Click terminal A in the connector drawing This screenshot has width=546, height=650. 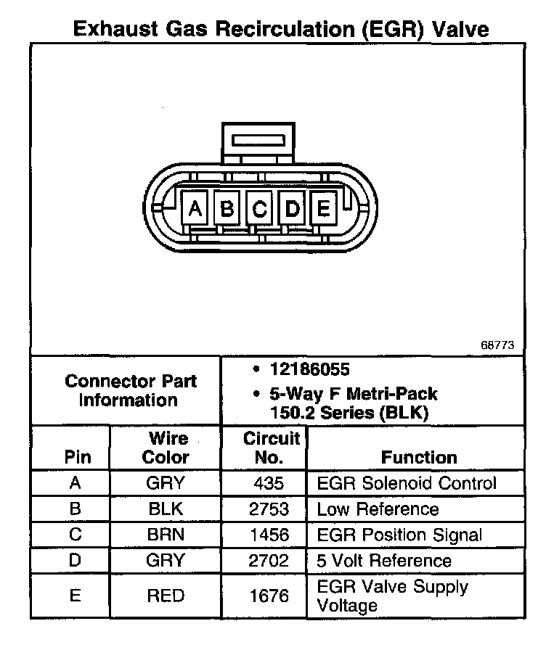(194, 209)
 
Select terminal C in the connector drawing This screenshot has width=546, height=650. (259, 209)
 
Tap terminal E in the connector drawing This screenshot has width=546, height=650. (322, 209)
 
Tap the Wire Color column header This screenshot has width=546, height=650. (166, 448)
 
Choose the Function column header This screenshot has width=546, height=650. (419, 457)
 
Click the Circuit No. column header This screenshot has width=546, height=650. (270, 448)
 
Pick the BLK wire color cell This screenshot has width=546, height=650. (166, 509)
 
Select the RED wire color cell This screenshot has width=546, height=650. (166, 596)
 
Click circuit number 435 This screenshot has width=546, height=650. (270, 483)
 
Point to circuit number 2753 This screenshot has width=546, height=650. (270, 509)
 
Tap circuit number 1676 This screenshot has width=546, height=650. (270, 596)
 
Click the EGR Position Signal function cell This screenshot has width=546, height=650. (399, 535)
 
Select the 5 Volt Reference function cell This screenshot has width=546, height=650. (384, 561)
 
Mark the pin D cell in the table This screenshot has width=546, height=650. (76, 561)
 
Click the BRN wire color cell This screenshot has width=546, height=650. (166, 535)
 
